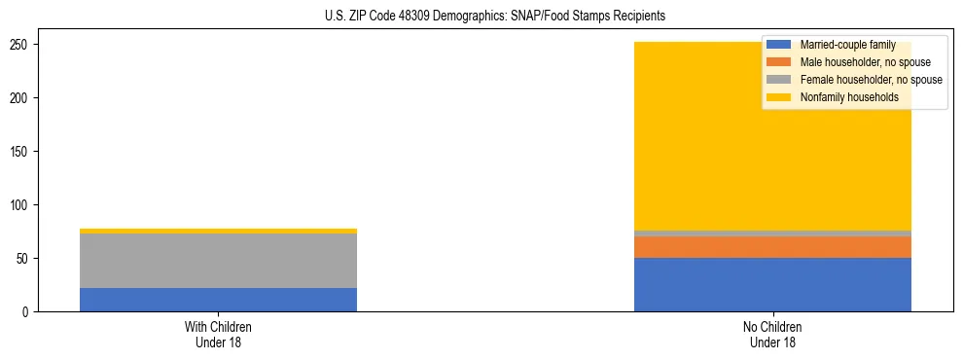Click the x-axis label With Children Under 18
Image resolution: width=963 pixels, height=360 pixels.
point(218,334)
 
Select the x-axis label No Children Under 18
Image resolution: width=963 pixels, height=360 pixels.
point(772,334)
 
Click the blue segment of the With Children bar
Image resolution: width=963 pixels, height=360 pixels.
point(218,300)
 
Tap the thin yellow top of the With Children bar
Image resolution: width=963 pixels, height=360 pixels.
point(218,231)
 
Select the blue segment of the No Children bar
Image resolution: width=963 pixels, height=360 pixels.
point(772,284)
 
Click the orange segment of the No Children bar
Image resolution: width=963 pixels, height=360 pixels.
point(772,247)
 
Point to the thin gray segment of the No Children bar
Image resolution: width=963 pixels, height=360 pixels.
point(772,234)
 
